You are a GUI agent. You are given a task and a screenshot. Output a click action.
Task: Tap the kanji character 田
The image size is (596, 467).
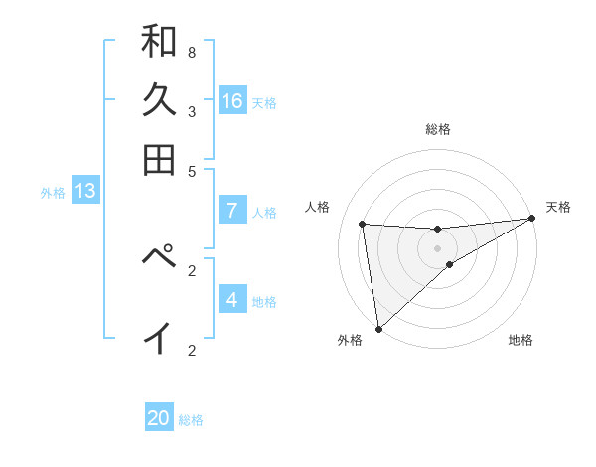click(x=159, y=160)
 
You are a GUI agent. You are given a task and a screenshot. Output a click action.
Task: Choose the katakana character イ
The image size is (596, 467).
click(x=159, y=338)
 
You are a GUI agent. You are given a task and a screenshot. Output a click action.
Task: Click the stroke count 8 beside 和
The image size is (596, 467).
click(x=191, y=52)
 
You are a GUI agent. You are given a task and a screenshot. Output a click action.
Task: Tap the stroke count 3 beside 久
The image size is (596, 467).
click(x=191, y=111)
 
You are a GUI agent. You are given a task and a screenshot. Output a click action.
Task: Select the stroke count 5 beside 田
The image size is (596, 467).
click(x=191, y=171)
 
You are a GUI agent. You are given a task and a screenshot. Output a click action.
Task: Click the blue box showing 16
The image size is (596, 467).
click(x=232, y=101)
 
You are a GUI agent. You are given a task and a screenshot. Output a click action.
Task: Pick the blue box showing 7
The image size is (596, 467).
click(x=232, y=211)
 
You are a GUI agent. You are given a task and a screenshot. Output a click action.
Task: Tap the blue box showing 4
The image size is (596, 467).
click(x=232, y=300)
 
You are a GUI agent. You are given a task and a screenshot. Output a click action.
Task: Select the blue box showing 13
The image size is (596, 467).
click(x=84, y=191)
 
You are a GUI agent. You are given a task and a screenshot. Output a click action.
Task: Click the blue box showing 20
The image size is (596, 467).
click(x=159, y=418)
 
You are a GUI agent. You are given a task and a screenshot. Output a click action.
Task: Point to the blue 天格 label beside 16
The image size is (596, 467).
click(x=264, y=102)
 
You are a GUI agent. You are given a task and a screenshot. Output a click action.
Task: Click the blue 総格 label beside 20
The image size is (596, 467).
click(x=191, y=420)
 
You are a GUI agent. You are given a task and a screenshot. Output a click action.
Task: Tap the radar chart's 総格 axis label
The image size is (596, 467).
click(x=437, y=130)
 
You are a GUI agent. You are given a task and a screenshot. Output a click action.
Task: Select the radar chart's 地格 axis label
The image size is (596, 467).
click(x=521, y=341)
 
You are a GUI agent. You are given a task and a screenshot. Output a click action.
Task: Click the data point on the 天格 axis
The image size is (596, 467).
click(x=531, y=219)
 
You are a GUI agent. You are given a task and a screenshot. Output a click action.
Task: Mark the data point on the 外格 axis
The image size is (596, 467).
click(x=378, y=328)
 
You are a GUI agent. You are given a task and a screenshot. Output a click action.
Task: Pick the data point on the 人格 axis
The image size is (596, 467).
click(x=363, y=224)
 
